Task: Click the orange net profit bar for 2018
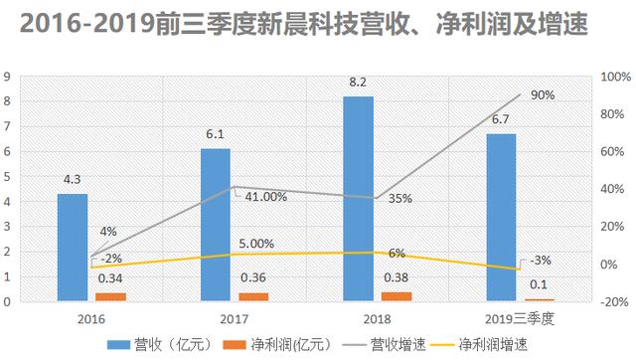(397, 295)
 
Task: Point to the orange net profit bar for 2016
(110, 296)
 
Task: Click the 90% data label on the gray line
(543, 95)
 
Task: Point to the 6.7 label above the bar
(501, 119)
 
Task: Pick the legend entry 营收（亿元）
(181, 344)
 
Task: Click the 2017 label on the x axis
(235, 318)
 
